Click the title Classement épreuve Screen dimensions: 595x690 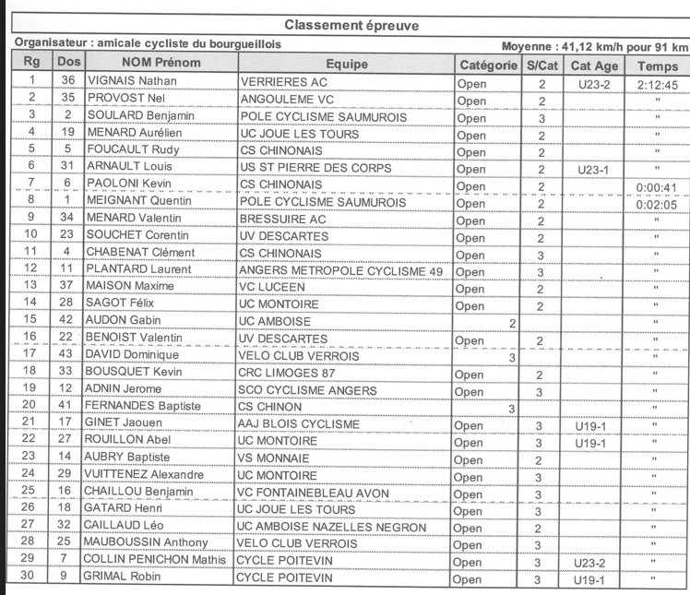click(351, 25)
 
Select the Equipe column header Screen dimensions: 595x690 click(346, 65)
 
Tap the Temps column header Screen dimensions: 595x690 click(657, 65)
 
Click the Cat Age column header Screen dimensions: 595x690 click(594, 65)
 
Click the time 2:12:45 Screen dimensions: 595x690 click(657, 84)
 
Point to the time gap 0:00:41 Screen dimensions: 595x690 click(657, 186)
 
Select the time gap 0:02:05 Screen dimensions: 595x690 click(657, 203)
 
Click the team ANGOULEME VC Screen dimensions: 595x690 click(287, 100)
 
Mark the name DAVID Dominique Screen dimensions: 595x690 click(133, 355)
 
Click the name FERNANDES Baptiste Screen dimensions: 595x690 click(143, 407)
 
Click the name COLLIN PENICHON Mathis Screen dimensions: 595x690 click(154, 560)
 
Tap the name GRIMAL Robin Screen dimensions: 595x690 click(124, 577)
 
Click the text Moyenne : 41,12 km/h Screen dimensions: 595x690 click(565, 47)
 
